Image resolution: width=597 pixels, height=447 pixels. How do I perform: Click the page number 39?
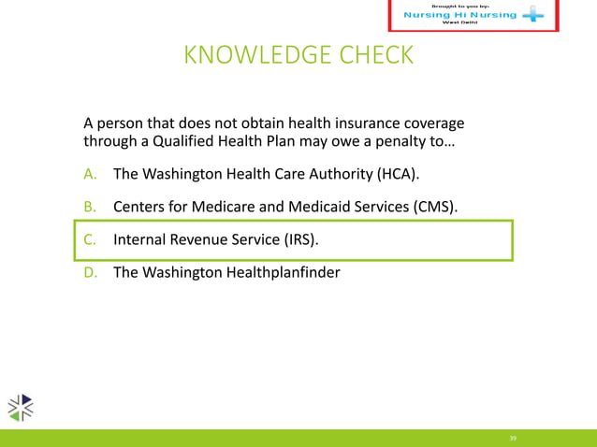click(x=513, y=437)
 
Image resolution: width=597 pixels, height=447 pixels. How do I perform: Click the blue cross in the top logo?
click(x=532, y=16)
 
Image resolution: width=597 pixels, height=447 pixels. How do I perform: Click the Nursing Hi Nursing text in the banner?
click(x=459, y=15)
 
